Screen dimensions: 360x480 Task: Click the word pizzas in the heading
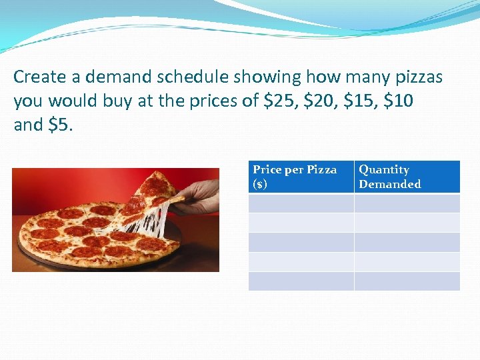point(415,77)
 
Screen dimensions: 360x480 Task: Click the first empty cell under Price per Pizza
point(301,203)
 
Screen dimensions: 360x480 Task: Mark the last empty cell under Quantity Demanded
point(407,281)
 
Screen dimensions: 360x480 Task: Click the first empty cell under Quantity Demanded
point(407,203)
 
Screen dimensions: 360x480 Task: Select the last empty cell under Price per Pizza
point(301,281)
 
